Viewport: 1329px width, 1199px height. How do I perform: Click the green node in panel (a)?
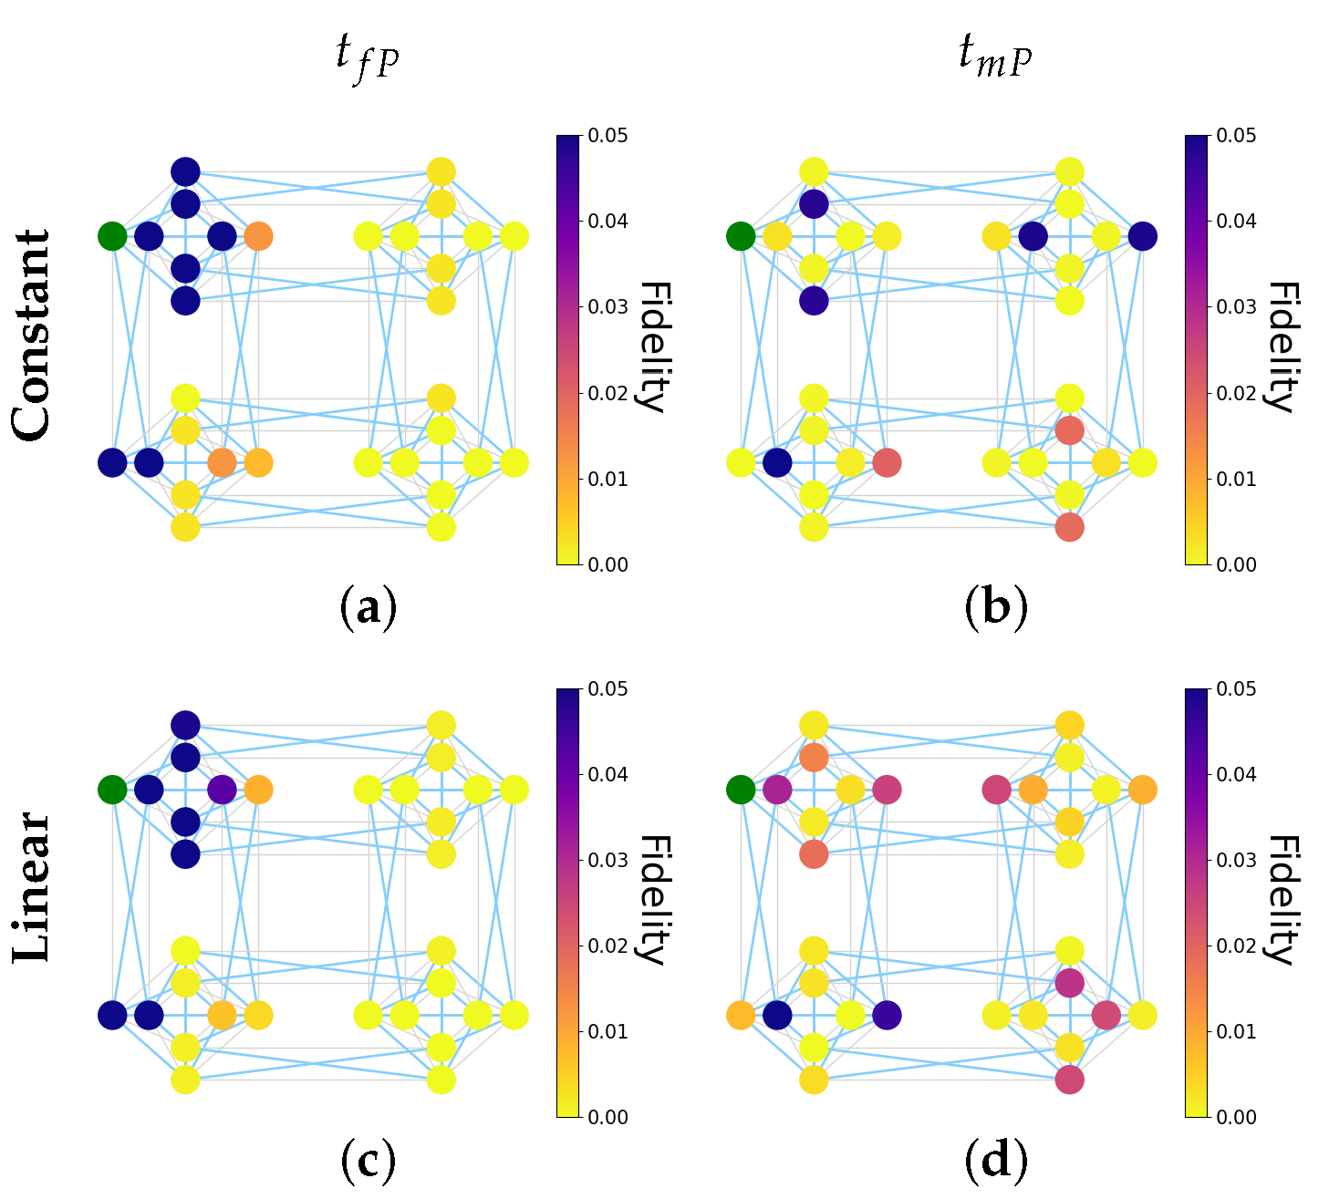pos(111,237)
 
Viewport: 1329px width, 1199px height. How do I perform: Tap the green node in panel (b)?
pos(741,237)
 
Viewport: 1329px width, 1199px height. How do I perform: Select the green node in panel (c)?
pos(111,790)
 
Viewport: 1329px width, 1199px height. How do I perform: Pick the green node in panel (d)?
pos(741,790)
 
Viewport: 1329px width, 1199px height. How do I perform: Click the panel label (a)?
pos(369,608)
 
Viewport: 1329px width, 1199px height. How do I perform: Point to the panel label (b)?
pos(995,608)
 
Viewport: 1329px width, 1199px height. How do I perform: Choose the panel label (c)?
pos(369,1161)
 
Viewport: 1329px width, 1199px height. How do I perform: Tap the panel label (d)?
pos(995,1161)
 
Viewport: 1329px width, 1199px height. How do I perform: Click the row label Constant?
pos(33,335)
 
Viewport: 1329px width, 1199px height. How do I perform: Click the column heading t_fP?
pos(367,57)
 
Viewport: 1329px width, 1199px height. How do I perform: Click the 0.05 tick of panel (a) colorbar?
pos(608,136)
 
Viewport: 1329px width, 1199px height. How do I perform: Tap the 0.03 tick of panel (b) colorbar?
pos(1236,307)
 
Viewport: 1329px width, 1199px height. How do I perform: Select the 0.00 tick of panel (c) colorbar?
pos(608,1117)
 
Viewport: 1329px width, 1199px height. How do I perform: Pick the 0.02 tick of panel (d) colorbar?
pos(1236,946)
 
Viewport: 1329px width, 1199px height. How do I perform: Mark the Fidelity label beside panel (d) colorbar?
pos(1281,899)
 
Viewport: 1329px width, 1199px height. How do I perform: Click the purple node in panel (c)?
pos(222,790)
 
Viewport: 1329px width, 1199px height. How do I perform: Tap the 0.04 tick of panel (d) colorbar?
pos(1236,775)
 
